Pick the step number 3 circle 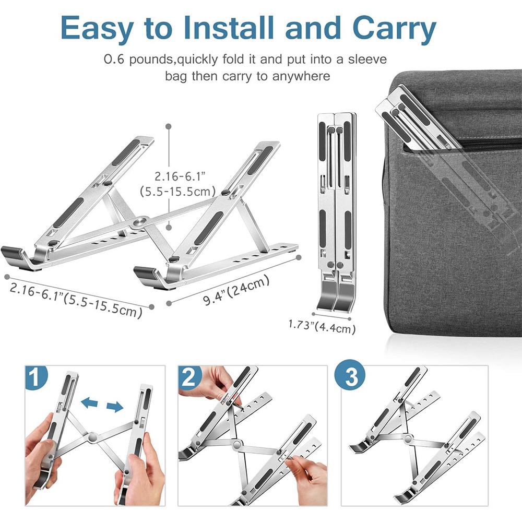pyautogui.click(x=351, y=377)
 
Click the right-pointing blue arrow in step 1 pyautogui.click(x=115, y=406)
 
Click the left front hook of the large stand pyautogui.click(x=16, y=255)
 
